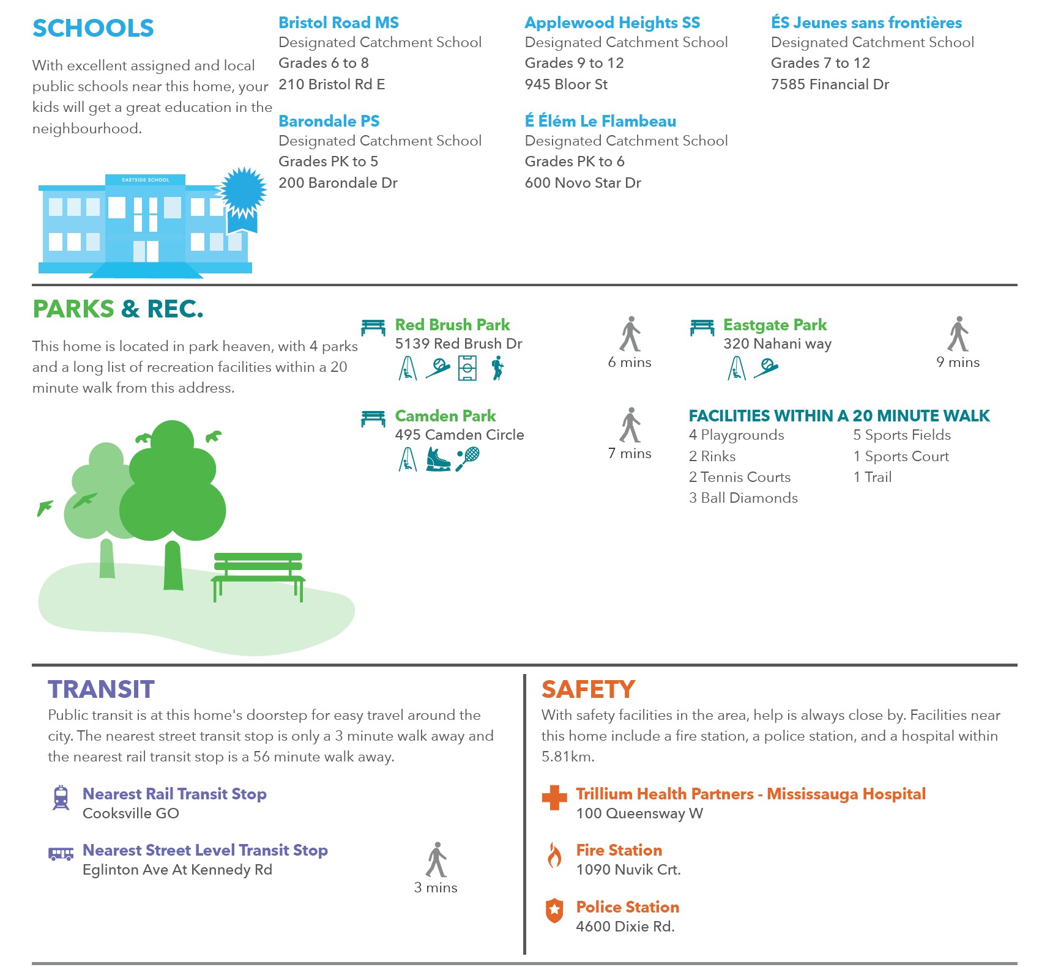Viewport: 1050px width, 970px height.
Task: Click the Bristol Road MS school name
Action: (338, 23)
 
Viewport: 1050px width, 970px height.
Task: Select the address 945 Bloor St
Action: (566, 84)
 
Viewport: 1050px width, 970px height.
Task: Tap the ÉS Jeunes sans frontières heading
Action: (866, 23)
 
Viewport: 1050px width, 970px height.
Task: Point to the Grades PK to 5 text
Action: (328, 161)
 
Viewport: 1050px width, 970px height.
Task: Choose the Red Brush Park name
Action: (452, 325)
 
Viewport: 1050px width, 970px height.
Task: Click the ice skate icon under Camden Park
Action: (437, 459)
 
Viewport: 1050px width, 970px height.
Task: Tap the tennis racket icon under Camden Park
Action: (468, 459)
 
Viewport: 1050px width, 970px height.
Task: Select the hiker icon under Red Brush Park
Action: (497, 368)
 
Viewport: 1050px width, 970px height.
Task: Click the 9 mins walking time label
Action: (958, 362)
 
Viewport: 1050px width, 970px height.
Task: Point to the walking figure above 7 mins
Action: (630, 424)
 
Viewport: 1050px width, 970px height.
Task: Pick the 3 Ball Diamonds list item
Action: (743, 498)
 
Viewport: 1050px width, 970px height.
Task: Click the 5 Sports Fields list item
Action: (901, 435)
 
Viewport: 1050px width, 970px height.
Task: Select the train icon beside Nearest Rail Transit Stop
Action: (61, 798)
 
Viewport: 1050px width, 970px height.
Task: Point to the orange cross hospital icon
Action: (554, 798)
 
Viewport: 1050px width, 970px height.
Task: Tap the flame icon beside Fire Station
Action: (554, 855)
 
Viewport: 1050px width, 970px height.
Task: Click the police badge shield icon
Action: (554, 911)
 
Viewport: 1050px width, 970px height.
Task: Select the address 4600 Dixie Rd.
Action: (625, 927)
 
